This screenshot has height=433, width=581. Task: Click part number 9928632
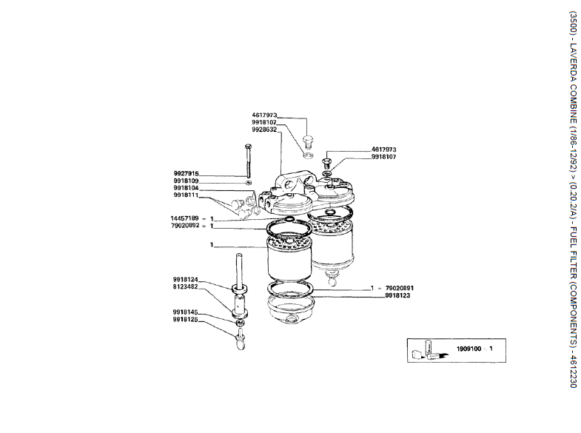pos(264,130)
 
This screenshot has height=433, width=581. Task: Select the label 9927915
pos(186,173)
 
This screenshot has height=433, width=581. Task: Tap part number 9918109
pos(186,181)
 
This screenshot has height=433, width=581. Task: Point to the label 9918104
pos(186,188)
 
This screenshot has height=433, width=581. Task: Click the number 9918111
pos(186,195)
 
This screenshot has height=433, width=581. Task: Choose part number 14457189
pos(184,218)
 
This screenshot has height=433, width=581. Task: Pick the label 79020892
pos(185,225)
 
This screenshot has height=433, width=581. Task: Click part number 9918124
pos(185,279)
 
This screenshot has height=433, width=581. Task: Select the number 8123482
pos(185,286)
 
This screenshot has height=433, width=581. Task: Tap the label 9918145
pos(185,312)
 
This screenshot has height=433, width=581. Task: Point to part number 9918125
pos(185,319)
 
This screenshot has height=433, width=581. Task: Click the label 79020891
pos(400,288)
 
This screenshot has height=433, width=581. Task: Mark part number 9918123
pos(397,295)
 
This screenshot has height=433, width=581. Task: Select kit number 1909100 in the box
pos(469,349)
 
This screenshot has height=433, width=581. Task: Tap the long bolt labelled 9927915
pos(247,161)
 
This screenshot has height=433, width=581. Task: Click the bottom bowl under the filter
pos(291,309)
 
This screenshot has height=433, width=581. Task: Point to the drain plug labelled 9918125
pos(241,339)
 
